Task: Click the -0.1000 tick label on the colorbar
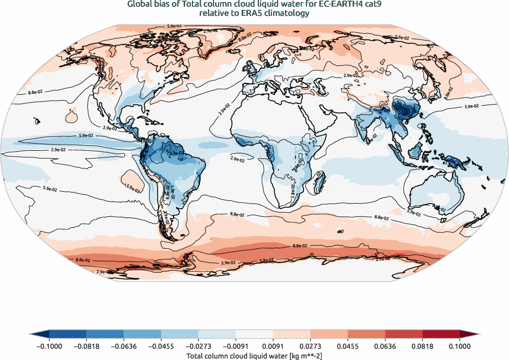click(49, 346)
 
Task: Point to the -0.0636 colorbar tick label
click(124, 346)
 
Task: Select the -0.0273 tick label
click(198, 346)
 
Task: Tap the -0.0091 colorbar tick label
click(236, 346)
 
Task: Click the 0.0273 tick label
click(310, 346)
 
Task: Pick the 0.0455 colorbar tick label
click(347, 346)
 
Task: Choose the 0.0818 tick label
click(422, 346)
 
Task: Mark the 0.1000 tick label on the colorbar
click(459, 346)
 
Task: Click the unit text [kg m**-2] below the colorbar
click(303, 355)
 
